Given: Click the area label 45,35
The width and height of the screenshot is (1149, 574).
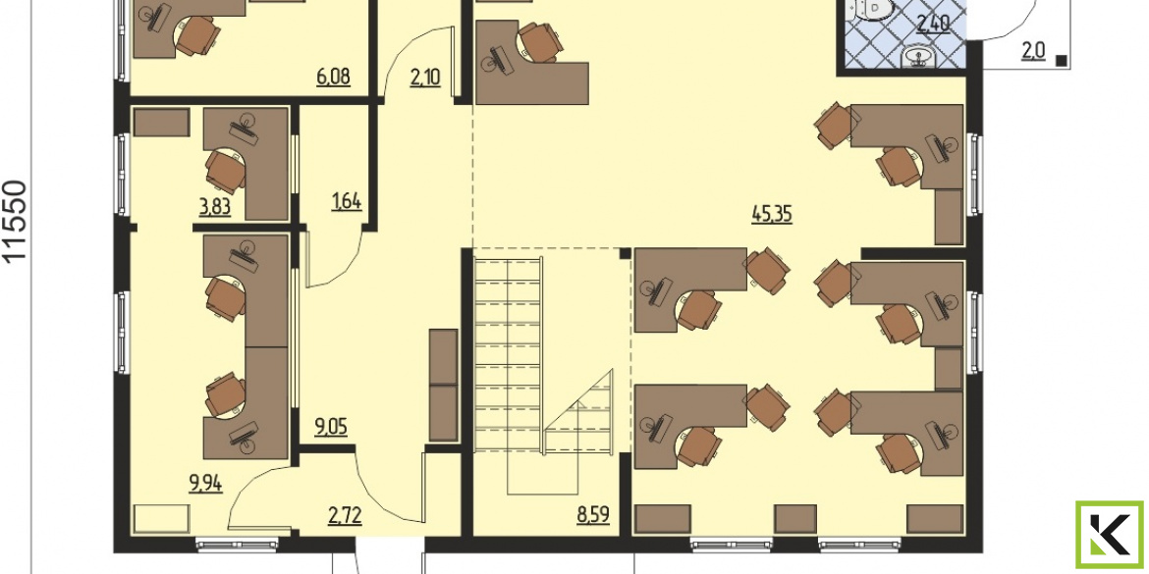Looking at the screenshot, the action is (x=772, y=215).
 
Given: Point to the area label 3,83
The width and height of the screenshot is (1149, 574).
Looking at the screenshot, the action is (x=215, y=207).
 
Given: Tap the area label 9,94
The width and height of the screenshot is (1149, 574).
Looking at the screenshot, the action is (x=206, y=483).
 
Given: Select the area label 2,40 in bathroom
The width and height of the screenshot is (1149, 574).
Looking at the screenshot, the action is (x=934, y=25).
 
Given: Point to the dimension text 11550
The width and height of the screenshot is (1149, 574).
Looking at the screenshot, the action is (x=16, y=221).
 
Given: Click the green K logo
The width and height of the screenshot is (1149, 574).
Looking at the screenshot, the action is (x=1110, y=535).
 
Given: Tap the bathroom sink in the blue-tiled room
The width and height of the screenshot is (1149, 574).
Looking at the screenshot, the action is (x=914, y=56).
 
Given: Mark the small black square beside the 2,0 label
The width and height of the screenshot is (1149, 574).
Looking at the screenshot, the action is (x=1061, y=62).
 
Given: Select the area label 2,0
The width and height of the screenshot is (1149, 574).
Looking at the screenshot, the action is (x=1033, y=52).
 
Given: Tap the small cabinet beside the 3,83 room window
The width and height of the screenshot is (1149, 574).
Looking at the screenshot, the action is (x=162, y=123).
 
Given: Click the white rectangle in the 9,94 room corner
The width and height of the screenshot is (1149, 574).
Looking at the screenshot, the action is (x=160, y=519).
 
